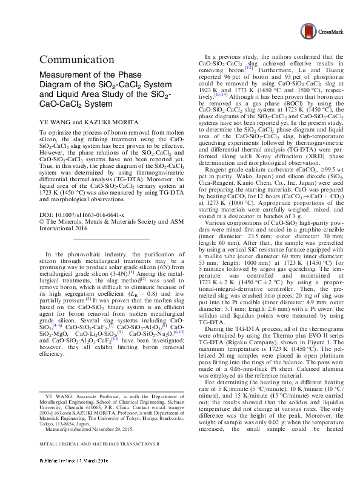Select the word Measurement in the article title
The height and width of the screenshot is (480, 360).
pos(65,75)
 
